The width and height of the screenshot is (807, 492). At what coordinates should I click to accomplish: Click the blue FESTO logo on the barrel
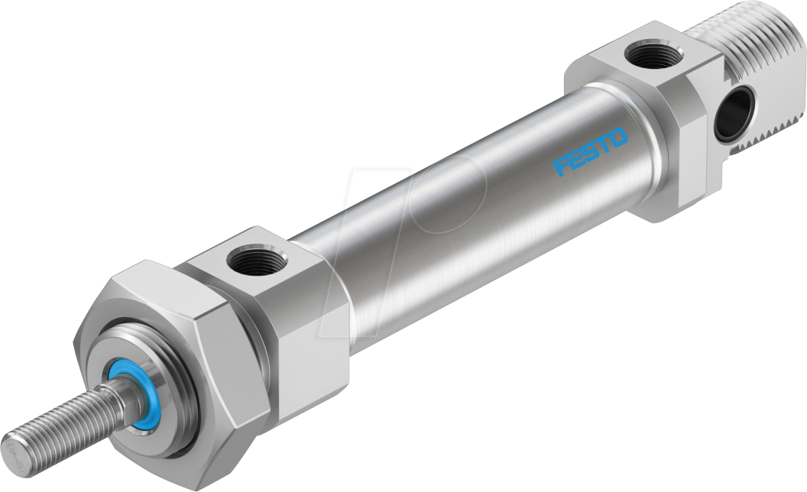click(590, 152)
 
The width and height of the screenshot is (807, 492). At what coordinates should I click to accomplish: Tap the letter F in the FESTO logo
click(561, 166)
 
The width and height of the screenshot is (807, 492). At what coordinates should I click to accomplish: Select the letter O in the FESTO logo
click(617, 138)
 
